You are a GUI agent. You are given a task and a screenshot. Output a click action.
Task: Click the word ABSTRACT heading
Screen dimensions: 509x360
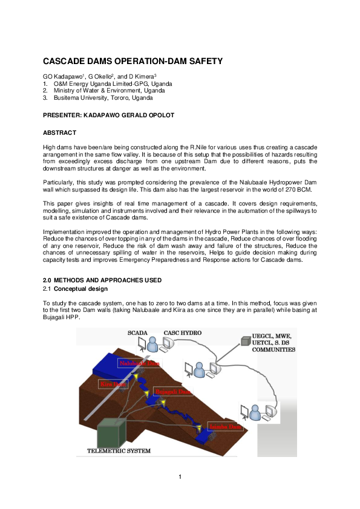tap(59, 132)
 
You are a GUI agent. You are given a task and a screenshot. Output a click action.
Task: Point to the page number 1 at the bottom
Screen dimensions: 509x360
tap(180, 477)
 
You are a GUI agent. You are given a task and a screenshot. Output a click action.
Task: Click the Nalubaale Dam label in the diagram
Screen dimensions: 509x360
tap(139, 363)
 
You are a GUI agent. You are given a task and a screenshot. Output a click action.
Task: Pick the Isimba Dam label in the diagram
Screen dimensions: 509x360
tap(226, 427)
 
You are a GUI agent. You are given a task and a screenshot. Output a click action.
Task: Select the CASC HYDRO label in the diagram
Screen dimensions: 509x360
tap(183, 332)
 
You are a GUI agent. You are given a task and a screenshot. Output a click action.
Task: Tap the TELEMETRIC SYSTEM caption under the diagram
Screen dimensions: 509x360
tap(119, 450)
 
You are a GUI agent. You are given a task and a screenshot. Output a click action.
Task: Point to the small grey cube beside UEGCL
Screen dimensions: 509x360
tap(245, 342)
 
